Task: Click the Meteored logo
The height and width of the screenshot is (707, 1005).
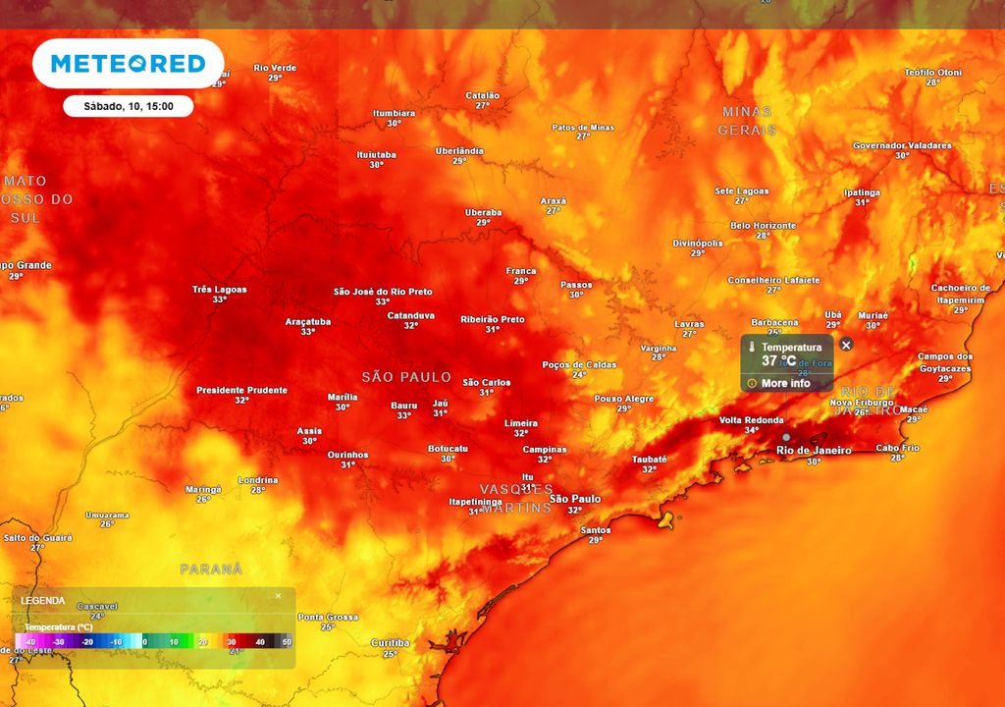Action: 128,64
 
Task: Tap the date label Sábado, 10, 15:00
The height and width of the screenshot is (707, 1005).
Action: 128,106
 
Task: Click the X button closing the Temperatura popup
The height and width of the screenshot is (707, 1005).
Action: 846,345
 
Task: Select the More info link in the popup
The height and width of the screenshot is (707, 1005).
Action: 786,383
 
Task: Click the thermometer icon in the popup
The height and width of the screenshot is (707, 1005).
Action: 751,348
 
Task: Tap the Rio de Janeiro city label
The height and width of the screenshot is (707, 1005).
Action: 813,451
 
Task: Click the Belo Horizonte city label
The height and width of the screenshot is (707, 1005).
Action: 763,226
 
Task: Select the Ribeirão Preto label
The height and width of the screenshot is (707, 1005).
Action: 493,319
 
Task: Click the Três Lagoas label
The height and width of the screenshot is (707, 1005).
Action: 219,290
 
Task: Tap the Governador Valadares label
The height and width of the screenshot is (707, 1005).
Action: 902,145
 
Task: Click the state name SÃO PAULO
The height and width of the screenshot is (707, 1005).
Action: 406,377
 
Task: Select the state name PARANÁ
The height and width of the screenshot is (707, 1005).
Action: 211,569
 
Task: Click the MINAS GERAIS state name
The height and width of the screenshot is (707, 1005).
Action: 747,121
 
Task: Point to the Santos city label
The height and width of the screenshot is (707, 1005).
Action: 596,530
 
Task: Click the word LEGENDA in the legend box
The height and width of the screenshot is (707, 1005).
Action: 43,600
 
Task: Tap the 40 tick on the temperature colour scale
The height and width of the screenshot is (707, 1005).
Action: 260,641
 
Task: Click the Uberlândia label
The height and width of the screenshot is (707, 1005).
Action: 459,150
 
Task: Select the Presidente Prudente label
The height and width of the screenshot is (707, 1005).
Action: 241,390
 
